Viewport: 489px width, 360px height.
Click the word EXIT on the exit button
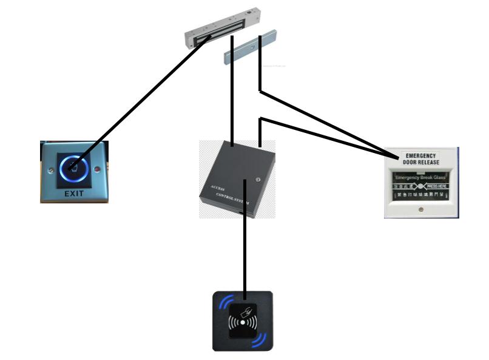point(74,194)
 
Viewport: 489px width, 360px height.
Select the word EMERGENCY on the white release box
point(420,156)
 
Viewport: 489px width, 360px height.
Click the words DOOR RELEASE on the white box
point(420,162)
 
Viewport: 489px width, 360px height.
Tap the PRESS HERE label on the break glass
point(436,186)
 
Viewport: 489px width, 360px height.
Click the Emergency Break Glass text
point(420,177)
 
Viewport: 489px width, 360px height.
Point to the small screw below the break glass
point(421,209)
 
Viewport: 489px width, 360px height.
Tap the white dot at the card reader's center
point(242,323)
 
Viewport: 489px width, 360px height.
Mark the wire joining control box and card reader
point(245,255)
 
